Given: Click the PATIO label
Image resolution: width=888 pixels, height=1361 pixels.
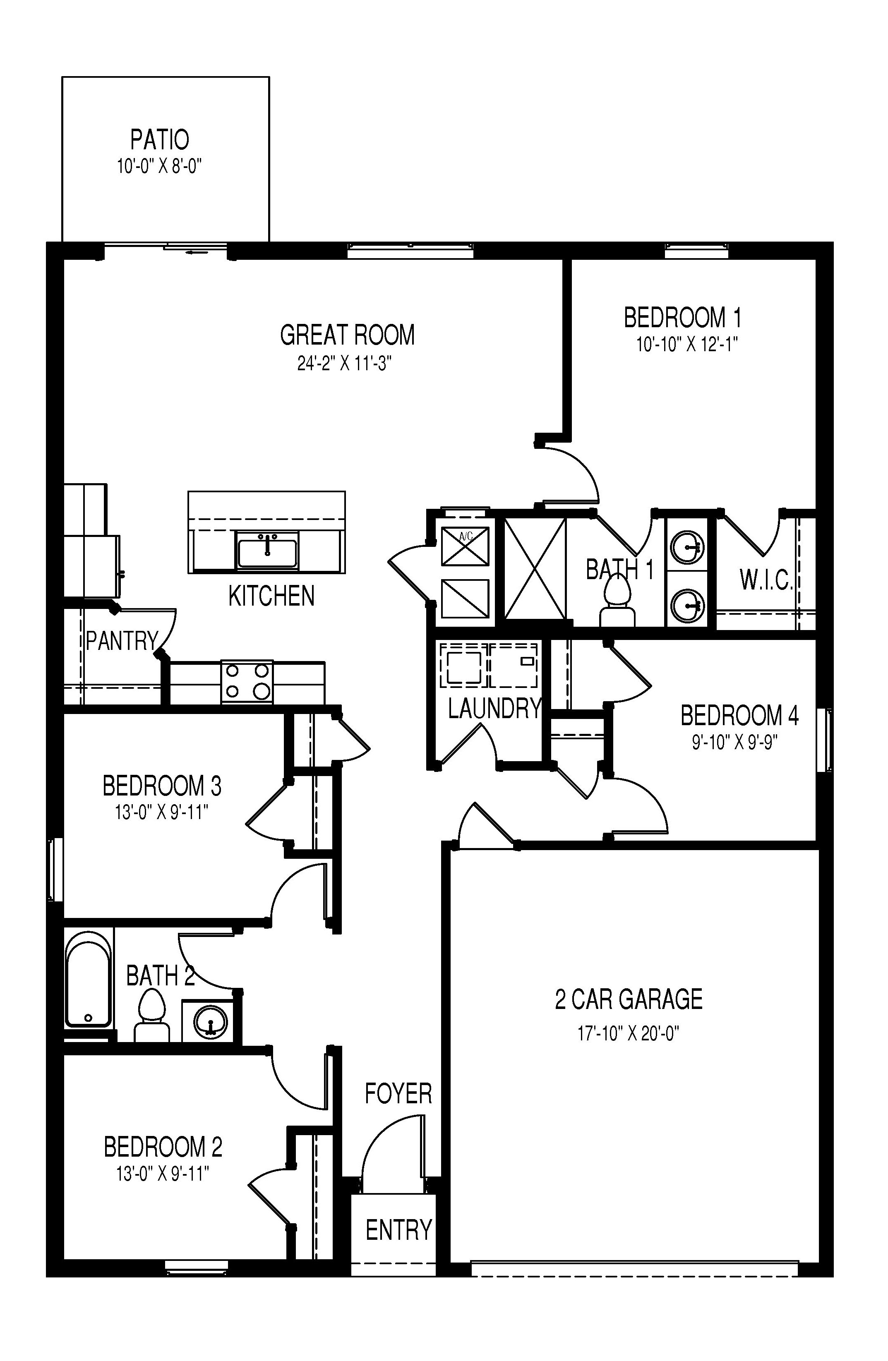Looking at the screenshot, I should pyautogui.click(x=160, y=139).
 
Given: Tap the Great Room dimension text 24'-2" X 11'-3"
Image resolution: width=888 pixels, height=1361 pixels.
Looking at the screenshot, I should pyautogui.click(x=344, y=364).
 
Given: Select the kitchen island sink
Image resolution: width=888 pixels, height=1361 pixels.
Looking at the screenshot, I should pyautogui.click(x=267, y=550).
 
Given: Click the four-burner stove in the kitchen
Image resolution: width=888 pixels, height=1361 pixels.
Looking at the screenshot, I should pyautogui.click(x=247, y=682).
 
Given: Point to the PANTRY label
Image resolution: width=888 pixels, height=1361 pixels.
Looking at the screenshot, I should pyautogui.click(x=121, y=641).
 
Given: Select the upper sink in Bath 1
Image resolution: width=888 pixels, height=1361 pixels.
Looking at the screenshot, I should pyautogui.click(x=686, y=547).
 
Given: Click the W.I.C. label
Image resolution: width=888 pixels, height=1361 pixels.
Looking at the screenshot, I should pyautogui.click(x=766, y=580).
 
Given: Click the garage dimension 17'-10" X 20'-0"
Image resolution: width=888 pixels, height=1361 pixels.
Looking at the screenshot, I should pyautogui.click(x=628, y=1033).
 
